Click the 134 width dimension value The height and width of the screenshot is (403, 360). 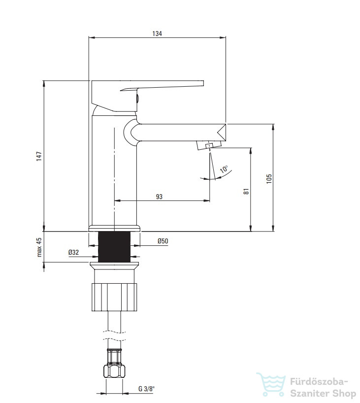[157, 34]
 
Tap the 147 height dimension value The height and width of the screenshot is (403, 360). [39, 156]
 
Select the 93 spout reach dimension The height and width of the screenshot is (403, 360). [159, 197]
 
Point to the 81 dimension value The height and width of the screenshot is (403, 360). [246, 191]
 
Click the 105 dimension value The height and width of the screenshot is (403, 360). [269, 178]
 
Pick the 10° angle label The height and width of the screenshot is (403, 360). [224, 169]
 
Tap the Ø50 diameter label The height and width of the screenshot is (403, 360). [163, 241]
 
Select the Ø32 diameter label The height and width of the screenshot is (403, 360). [73, 252]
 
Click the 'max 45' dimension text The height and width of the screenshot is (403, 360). [39, 247]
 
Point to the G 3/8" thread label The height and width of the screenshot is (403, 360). [146, 389]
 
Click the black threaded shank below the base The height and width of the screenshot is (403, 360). [114, 247]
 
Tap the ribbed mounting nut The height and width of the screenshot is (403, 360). [114, 297]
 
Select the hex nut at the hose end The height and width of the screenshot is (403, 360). [114, 371]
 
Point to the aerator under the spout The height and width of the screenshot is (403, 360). [209, 145]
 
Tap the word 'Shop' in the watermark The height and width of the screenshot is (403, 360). [343, 393]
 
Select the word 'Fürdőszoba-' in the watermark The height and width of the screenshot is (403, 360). [319, 382]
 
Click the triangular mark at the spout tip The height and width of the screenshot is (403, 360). [222, 133]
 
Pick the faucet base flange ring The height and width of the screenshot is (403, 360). [115, 228]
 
